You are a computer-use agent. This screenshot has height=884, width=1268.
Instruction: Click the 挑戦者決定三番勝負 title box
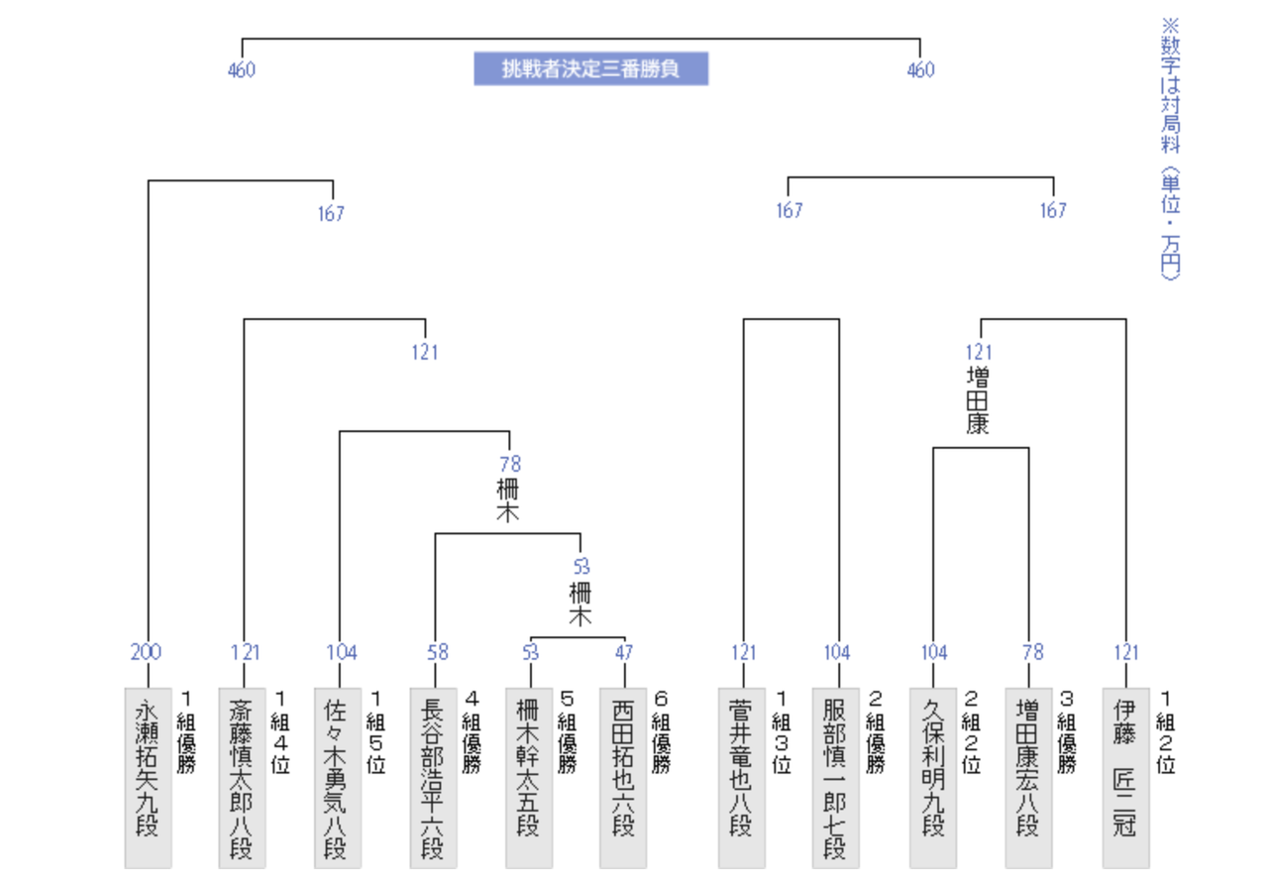pos(591,68)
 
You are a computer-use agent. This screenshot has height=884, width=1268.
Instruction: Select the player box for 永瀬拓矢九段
pos(148,778)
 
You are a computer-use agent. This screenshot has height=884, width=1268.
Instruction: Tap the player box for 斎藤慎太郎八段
pos(243,778)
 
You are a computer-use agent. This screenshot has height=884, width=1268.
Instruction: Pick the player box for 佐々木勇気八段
pos(338,778)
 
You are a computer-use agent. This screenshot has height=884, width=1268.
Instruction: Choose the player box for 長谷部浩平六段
pos(434,778)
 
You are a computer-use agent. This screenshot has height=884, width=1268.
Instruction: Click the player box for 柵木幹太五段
pos(529,778)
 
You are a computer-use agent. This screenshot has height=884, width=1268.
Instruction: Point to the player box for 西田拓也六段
pos(623,778)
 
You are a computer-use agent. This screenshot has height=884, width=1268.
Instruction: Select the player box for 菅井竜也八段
pos(742,778)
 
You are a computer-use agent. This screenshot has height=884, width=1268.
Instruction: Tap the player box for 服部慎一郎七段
pos(836,778)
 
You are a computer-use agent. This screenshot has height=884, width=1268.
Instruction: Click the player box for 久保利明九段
pos(933,778)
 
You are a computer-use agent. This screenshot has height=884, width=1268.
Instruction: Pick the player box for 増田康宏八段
pos(1029,778)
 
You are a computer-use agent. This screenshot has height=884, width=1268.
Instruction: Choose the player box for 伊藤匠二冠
pos(1126,778)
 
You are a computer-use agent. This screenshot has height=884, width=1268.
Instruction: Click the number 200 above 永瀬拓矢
pos(146,652)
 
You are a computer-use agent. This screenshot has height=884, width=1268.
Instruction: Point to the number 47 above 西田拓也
pos(624,652)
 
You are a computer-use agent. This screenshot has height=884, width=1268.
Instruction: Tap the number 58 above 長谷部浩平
pos(438,652)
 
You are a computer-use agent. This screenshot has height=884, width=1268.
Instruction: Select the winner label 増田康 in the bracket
pos(978,401)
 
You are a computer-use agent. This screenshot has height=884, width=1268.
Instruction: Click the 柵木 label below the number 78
pos(508,500)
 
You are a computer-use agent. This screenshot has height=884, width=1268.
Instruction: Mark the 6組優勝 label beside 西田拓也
pos(661,732)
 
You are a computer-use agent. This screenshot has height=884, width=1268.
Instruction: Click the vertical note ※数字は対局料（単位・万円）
pos(1171,149)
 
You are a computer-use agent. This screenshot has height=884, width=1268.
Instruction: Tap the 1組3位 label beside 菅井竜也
pos(782,732)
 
